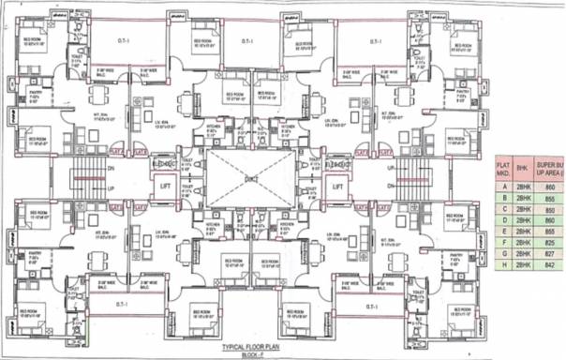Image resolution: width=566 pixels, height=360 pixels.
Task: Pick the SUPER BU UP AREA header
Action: (552, 168)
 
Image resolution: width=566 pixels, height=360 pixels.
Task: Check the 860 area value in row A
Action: (549, 187)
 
